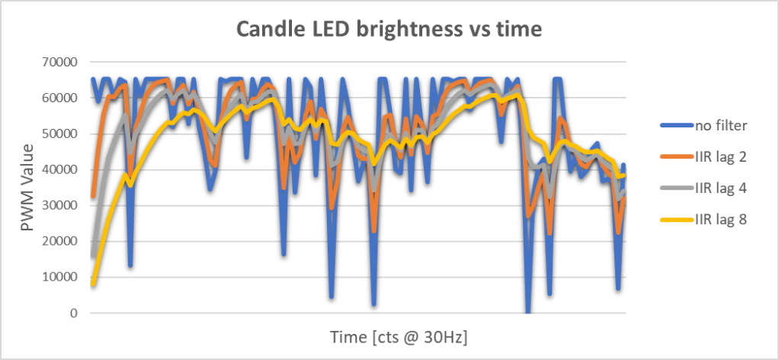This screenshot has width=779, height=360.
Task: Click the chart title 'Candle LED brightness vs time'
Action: (x=389, y=30)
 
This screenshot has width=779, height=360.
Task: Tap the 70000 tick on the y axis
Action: (x=63, y=62)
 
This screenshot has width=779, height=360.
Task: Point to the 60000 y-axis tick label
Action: (x=63, y=98)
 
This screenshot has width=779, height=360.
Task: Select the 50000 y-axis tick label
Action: (x=63, y=133)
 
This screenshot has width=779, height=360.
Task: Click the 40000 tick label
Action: (x=63, y=169)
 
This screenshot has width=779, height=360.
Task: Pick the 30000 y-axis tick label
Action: (x=63, y=205)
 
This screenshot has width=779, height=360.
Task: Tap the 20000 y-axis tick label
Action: (x=63, y=241)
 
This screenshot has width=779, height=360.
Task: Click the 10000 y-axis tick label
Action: (x=63, y=277)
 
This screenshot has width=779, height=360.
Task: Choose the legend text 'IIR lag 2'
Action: (x=720, y=156)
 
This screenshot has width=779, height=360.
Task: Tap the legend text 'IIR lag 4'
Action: (x=720, y=188)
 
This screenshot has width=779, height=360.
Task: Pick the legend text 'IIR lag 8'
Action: (x=720, y=220)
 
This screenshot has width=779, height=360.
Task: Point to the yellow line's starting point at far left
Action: (x=93, y=284)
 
